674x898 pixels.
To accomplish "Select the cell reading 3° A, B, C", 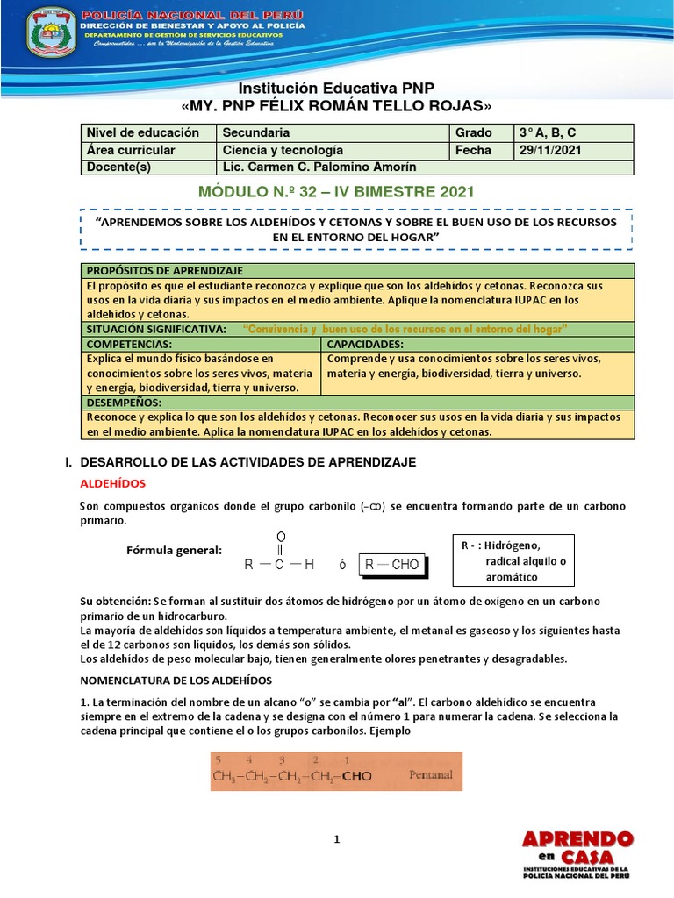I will tap(547, 132).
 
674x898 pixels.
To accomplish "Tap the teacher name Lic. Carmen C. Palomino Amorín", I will tap(319, 167).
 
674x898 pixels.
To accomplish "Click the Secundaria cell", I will tap(256, 132).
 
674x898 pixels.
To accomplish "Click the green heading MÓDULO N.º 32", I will tap(336, 190).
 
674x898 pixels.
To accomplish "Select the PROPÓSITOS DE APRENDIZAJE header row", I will tap(165, 271).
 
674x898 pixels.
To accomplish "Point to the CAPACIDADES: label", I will tap(365, 345).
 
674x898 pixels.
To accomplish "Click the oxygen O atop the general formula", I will tap(281, 536).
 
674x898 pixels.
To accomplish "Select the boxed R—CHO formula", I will tap(392, 564).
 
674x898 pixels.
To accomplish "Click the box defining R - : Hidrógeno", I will tap(513, 559).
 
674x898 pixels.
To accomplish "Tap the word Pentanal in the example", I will tap(431, 775).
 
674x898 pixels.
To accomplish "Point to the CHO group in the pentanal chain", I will tap(356, 776).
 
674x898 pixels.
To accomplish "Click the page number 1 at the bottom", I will tap(336, 839).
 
